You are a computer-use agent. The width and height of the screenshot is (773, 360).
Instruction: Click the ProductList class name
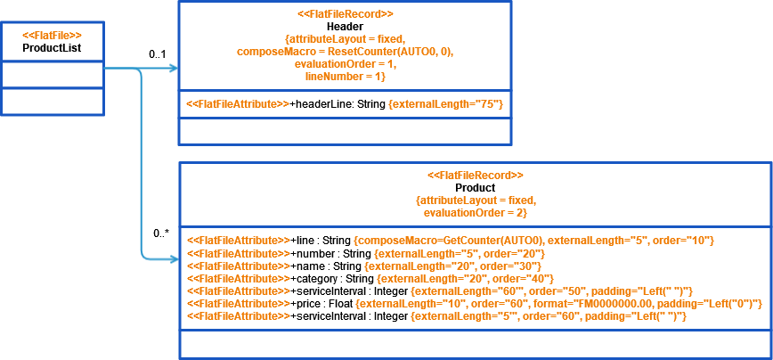52,48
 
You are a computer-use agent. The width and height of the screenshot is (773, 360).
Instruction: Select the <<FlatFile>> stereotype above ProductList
52,35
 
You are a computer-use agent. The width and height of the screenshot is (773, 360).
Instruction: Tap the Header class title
345,27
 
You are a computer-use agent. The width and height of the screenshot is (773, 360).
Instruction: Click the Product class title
475,188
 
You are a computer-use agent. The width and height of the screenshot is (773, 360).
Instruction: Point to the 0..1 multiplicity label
158,55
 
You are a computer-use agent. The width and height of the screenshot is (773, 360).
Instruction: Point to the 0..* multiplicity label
160,233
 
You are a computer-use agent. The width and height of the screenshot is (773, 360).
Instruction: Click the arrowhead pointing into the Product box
174,260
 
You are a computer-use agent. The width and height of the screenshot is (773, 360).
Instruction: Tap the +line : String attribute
321,241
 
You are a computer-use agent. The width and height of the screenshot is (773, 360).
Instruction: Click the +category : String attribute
330,279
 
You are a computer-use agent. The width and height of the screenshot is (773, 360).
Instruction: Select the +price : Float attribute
321,304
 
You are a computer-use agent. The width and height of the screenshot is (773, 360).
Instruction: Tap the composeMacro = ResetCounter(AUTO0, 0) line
345,52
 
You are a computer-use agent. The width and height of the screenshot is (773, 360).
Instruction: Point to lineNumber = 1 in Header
345,78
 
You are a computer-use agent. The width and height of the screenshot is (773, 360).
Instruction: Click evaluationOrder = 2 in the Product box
475,213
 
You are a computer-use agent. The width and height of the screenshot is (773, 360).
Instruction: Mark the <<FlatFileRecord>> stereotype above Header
345,14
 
